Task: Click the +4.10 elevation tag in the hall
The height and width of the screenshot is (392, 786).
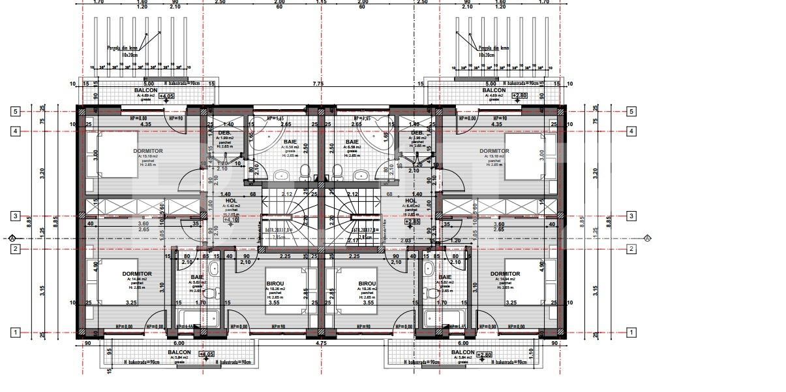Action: click(231, 220)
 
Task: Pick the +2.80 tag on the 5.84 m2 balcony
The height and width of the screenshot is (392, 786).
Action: click(483, 355)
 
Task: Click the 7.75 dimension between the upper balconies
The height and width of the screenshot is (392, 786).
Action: click(318, 84)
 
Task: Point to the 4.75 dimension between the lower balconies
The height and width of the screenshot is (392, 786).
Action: click(321, 343)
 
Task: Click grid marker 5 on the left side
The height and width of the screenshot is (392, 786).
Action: click(14, 111)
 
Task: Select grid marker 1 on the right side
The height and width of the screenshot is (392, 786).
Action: click(631, 333)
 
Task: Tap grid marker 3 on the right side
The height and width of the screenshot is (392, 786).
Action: click(631, 216)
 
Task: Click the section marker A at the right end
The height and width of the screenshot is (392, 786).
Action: click(648, 238)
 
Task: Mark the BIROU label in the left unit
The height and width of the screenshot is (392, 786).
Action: click(275, 284)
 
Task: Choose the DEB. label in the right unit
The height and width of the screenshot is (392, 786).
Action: click(417, 133)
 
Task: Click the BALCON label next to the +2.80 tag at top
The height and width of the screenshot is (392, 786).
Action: click(494, 90)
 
